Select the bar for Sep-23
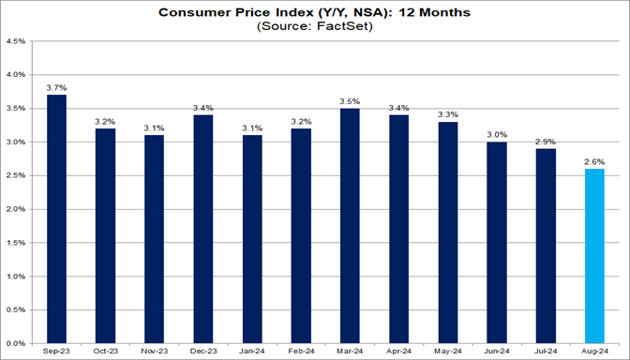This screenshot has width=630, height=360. pyautogui.click(x=57, y=219)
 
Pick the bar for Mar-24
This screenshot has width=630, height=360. pyautogui.click(x=351, y=226)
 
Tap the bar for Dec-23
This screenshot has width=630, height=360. pyautogui.click(x=203, y=230)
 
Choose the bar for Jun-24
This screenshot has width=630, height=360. pyautogui.click(x=497, y=243)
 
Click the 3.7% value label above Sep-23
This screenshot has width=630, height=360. pyautogui.click(x=57, y=87)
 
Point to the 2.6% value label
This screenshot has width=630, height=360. pyautogui.click(x=594, y=161)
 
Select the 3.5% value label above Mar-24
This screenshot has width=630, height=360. pyautogui.click(x=351, y=100)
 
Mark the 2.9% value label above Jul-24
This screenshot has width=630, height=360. pyautogui.click(x=546, y=141)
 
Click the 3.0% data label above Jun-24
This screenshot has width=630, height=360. pyautogui.click(x=497, y=134)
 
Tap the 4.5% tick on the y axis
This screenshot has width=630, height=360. pyautogui.click(x=17, y=41)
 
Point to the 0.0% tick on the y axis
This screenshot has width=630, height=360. pyautogui.click(x=17, y=344)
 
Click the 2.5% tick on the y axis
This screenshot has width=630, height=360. pyautogui.click(x=17, y=176)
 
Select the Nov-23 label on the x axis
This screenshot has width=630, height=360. pyautogui.click(x=155, y=352)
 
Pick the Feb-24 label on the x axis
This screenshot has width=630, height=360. pyautogui.click(x=301, y=352)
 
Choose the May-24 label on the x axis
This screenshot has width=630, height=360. pyautogui.click(x=448, y=352)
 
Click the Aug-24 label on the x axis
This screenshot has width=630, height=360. pyautogui.click(x=594, y=352)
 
